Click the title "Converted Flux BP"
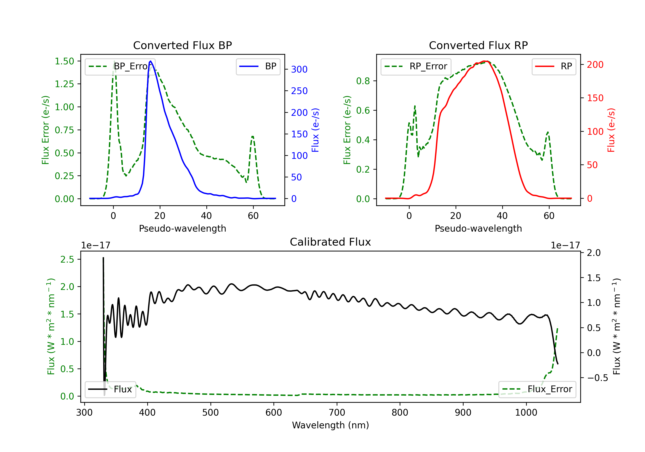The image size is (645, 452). click(x=182, y=45)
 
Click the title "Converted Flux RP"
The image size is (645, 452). click(x=478, y=45)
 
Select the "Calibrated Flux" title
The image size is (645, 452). click(x=330, y=242)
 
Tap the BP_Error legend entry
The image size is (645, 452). click(x=120, y=66)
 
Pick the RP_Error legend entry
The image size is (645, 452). click(x=416, y=66)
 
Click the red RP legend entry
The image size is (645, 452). click(x=554, y=66)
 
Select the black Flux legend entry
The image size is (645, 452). click(x=110, y=389)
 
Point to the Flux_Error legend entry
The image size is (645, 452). click(x=537, y=389)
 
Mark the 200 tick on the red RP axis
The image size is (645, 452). click(x=595, y=65)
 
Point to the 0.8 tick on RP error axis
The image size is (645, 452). click(x=363, y=81)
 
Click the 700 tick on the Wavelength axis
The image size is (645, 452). click(x=337, y=413)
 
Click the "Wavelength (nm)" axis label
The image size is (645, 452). click(x=330, y=425)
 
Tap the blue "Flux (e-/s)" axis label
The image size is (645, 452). click(x=315, y=130)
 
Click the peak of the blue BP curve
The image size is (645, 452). click(x=150, y=61)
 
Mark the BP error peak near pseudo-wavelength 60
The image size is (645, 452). click(x=253, y=137)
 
